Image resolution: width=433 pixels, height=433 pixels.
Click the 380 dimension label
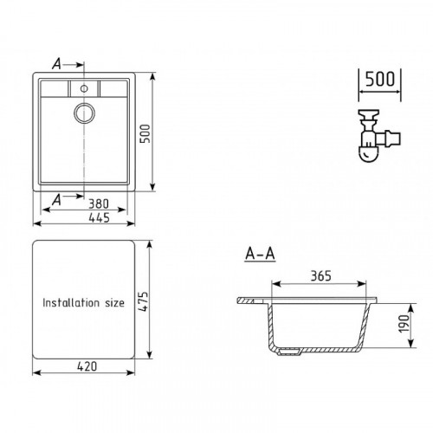coord(99,204)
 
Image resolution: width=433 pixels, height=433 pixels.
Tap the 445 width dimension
coord(99,217)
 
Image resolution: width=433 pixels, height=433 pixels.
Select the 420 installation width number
coord(87,366)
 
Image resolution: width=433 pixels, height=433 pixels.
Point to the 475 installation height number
coord(144,301)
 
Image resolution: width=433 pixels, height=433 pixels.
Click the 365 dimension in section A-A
coord(320,276)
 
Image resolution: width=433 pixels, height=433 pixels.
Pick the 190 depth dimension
coord(404,323)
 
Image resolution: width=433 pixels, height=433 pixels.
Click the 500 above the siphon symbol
coord(379,79)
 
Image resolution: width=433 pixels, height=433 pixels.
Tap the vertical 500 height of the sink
coord(145,133)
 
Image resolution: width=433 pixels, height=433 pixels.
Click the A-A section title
coord(260,254)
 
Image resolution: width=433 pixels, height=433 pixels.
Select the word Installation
coord(71,302)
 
